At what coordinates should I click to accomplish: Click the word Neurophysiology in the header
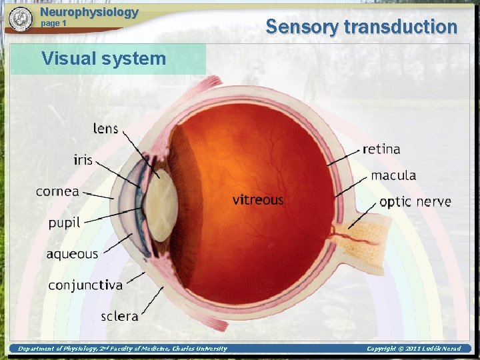tap(89, 12)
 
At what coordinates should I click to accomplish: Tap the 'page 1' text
tap(54, 23)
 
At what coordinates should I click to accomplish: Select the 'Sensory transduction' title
tap(361, 27)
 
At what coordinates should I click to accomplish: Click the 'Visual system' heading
tap(103, 59)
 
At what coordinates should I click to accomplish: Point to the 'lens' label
tap(105, 129)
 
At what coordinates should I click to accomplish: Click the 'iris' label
tap(83, 160)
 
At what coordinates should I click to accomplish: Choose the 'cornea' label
tap(57, 191)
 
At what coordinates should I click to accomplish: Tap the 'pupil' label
tap(64, 223)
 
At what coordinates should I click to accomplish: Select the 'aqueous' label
tap(72, 254)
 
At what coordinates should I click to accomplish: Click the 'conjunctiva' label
tap(85, 285)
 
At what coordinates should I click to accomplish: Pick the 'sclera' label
tap(119, 316)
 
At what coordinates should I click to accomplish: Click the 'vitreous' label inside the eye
tap(258, 199)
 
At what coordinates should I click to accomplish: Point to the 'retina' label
tap(381, 149)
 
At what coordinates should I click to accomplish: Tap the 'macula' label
tap(393, 175)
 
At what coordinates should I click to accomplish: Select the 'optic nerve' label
tap(415, 201)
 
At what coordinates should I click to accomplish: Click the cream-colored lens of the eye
tap(160, 207)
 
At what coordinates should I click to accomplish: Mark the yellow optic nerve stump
tap(363, 235)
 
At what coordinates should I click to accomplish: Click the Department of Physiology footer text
tap(122, 348)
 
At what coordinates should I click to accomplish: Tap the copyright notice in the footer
tap(413, 348)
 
